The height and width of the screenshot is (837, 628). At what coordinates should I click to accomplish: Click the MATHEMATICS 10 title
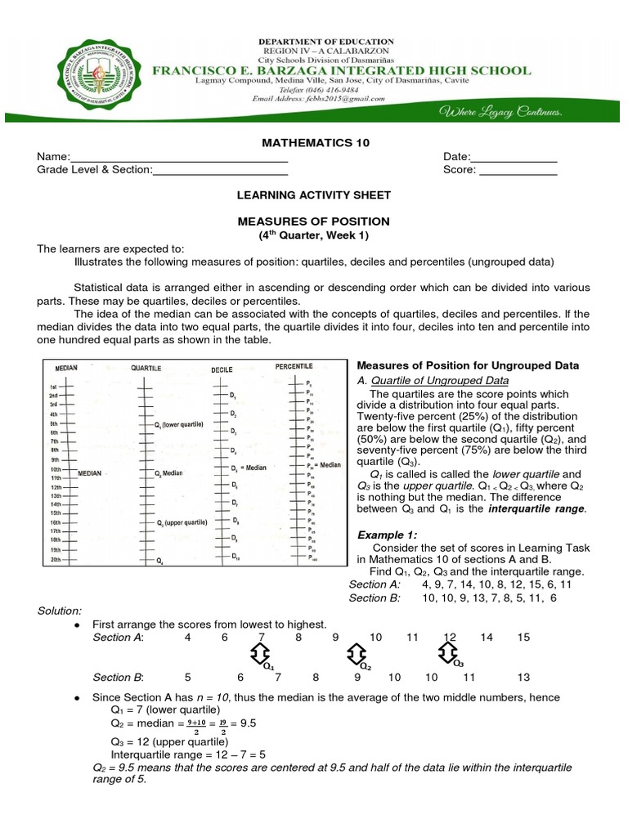click(315, 142)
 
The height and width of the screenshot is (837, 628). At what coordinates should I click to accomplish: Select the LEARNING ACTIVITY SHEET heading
click(314, 195)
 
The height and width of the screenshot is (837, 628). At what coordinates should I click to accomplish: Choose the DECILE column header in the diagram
click(222, 369)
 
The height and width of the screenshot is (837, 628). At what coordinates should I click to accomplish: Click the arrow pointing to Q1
click(258, 653)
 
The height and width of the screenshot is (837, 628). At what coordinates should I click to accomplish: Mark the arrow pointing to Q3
click(448, 652)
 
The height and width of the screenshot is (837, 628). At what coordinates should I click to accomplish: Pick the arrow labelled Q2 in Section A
click(355, 653)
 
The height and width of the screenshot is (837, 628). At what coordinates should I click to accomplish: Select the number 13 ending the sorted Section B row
click(524, 678)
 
